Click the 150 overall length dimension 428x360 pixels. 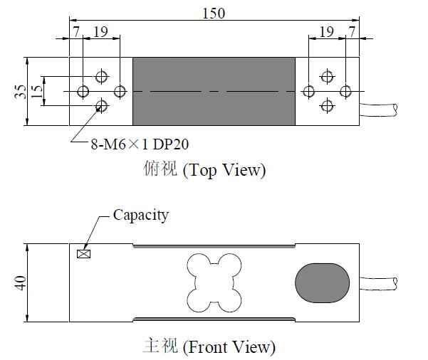[x=214, y=13]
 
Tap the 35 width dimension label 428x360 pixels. [x=20, y=91]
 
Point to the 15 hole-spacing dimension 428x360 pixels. [x=36, y=91]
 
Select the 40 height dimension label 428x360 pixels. [x=20, y=283]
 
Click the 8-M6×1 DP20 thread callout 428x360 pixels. [x=140, y=144]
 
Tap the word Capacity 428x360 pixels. [x=141, y=216]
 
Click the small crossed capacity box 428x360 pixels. [x=83, y=254]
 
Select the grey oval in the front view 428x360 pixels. [x=323, y=283]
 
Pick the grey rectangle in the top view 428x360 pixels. [x=214, y=91]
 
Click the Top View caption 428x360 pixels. [x=204, y=169]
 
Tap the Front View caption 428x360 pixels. [x=209, y=346]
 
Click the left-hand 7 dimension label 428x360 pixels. [x=76, y=32]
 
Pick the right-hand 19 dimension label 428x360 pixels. [x=326, y=32]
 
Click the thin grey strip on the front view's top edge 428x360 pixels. [x=214, y=245]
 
